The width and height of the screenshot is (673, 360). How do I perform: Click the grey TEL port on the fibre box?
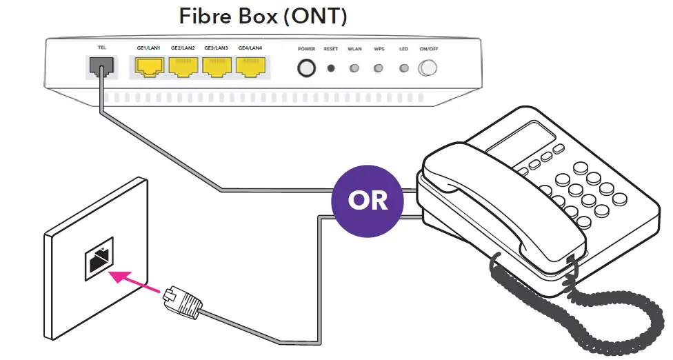coord(100,67)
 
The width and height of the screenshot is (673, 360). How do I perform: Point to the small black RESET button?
coord(331,68)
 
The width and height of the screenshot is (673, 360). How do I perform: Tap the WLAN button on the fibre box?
coord(354,68)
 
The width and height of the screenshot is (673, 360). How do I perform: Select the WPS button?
coord(379,68)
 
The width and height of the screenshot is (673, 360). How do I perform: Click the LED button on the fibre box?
coord(403,68)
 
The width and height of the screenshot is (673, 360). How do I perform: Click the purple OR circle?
coord(367,199)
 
